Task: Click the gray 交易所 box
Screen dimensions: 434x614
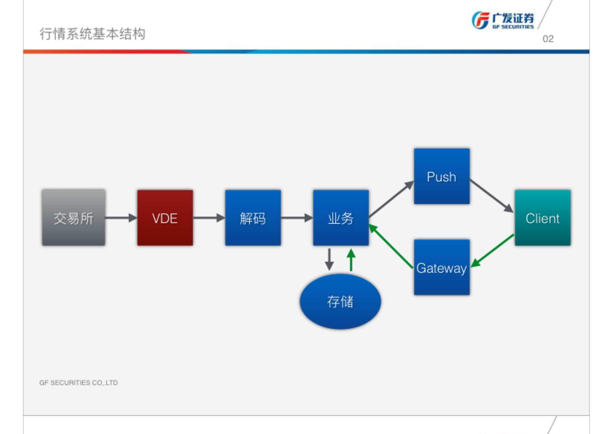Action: tap(73, 218)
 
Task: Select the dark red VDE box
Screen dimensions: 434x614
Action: tap(165, 218)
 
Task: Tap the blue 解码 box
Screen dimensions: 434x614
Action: tap(253, 218)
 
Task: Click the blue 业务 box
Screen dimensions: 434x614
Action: tap(341, 218)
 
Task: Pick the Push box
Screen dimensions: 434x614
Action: tap(441, 176)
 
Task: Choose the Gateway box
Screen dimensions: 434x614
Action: tap(441, 267)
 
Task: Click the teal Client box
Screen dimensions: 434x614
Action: tap(542, 218)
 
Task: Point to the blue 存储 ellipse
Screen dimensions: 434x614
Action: tap(340, 302)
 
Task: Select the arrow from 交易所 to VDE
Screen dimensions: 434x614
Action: tap(120, 218)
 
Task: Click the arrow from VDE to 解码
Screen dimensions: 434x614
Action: tap(208, 218)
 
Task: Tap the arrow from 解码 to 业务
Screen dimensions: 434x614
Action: tap(296, 218)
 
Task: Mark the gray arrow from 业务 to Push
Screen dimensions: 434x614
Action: tap(391, 199)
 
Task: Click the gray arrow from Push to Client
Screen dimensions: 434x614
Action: tap(491, 196)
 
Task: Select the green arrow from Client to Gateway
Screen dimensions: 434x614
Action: tap(492, 251)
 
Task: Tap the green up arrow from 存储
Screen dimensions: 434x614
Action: tap(351, 260)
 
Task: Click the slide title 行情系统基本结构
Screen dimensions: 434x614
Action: tap(92, 34)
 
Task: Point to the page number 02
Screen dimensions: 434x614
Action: tap(548, 39)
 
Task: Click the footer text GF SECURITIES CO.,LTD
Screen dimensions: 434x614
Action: tap(78, 383)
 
